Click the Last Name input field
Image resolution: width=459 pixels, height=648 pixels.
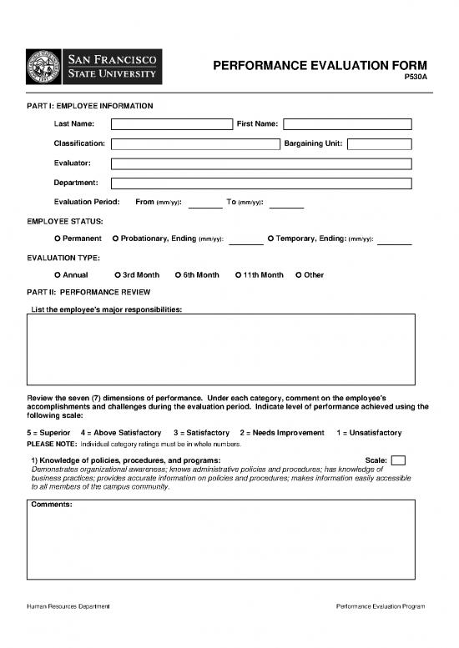171,124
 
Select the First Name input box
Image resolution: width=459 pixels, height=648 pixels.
347,124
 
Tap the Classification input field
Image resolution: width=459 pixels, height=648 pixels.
194,143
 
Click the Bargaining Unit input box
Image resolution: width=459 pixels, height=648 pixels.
380,143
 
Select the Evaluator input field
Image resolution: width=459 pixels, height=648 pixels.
261,163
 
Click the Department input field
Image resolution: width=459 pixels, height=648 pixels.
261,183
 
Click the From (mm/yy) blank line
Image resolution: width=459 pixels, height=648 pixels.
205,204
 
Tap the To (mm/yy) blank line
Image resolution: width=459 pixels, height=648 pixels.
286,204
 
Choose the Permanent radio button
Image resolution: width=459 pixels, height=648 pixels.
57,239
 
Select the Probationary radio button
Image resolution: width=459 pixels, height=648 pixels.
115,239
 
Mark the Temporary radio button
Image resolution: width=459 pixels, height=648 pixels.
270,239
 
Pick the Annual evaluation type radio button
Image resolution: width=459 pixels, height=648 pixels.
57,275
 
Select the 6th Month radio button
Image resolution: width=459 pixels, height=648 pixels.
178,275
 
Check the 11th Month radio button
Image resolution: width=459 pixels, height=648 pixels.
238,275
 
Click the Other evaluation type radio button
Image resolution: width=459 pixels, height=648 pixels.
299,275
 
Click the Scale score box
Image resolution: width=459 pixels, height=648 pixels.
398,460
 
